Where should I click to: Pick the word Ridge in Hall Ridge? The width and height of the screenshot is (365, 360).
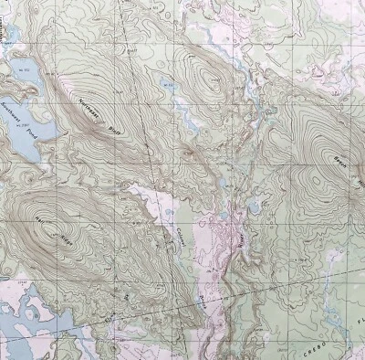click(66, 243)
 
